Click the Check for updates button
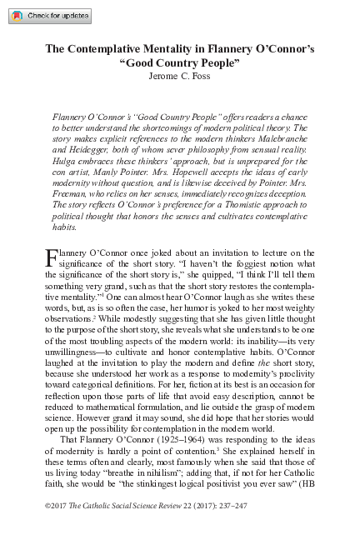(47, 16)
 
